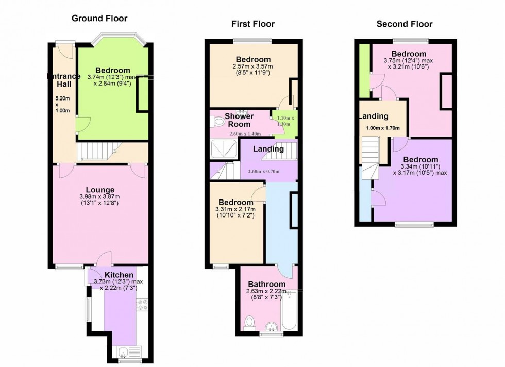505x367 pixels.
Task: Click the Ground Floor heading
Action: tap(99, 19)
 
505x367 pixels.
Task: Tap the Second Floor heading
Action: tap(405, 24)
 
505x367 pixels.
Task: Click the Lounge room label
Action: tap(100, 190)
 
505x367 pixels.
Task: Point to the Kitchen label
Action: tap(119, 274)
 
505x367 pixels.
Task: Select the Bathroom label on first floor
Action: tap(266, 285)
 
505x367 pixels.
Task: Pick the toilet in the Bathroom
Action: tap(249, 323)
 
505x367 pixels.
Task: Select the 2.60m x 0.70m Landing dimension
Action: tap(263, 172)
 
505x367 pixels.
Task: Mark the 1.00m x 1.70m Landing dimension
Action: tap(383, 128)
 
